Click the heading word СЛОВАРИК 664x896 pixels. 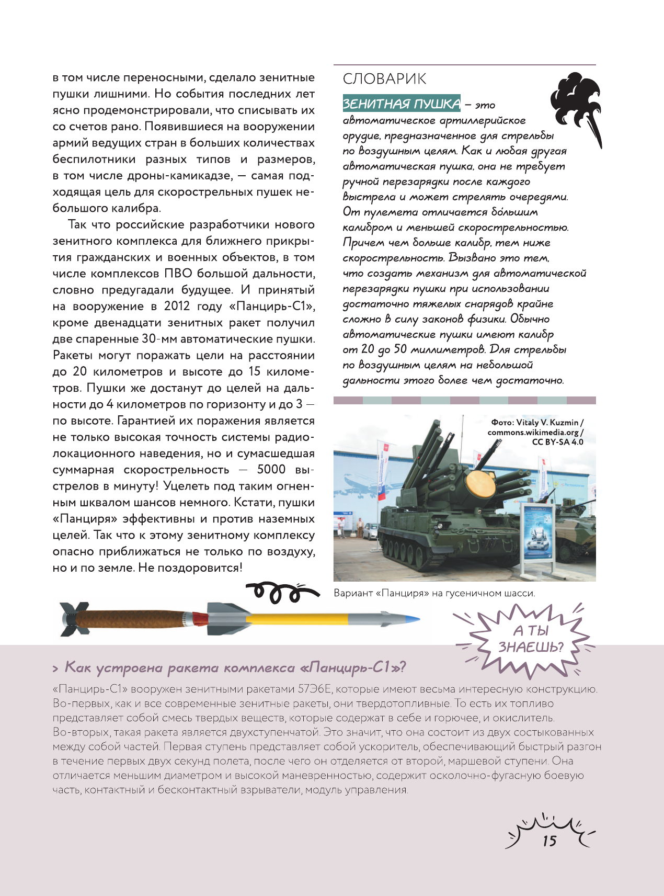pos(384,79)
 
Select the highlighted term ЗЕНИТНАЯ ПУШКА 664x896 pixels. pos(402,104)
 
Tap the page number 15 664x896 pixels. pos(549,841)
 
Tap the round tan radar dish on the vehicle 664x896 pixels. pos(480,484)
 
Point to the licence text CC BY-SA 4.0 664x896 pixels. pos(557,442)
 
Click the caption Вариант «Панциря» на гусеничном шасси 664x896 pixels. pos(434,593)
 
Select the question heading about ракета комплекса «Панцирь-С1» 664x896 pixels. pos(235,668)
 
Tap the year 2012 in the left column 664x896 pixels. pos(177,306)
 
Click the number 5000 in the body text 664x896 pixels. pos(271,469)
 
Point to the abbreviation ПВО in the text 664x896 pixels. pos(178,274)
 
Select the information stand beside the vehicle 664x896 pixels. pos(539,534)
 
